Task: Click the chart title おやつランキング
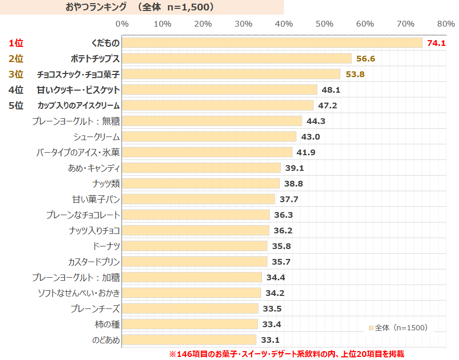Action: (96, 7)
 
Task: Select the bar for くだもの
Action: (272, 43)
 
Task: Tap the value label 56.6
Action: (366, 58)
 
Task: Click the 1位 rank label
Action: (16, 43)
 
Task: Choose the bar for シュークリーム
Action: (209, 136)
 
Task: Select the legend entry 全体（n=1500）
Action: (398, 328)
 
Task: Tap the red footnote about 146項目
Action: (286, 354)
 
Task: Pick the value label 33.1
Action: (270, 340)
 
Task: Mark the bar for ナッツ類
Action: (201, 183)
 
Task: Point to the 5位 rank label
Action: (16, 105)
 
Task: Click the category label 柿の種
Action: (108, 324)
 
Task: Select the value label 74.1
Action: (436, 43)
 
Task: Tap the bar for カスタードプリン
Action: (194, 262)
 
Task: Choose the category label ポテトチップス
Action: (95, 58)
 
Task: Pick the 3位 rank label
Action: (16, 74)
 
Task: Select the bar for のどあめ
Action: (189, 340)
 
